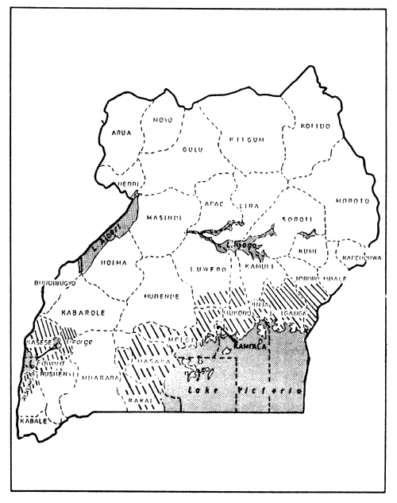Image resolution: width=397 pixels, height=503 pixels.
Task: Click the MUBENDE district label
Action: point(162,296)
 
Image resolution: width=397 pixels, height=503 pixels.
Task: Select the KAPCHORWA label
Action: point(361,258)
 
